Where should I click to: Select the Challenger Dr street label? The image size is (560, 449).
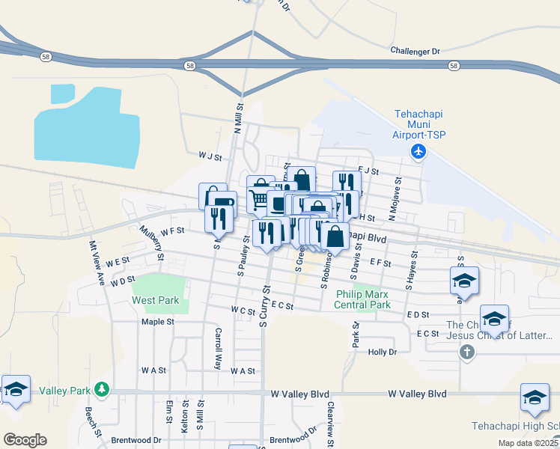416,51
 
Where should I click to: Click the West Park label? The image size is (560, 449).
156,300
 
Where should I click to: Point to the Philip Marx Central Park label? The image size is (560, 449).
363,300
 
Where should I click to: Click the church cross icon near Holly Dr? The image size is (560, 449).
467,352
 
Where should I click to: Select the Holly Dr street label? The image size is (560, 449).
382,351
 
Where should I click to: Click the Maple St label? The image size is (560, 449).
157,322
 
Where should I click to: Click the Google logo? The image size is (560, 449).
25,439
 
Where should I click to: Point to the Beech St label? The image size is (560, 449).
93,423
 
